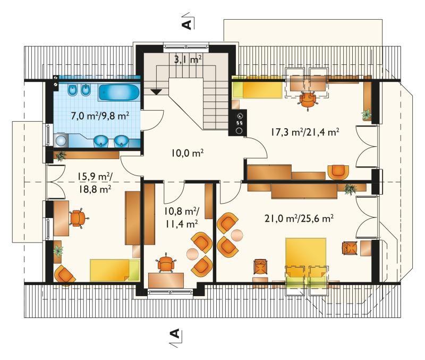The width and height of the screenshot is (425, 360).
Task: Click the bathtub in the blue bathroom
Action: tap(118, 93)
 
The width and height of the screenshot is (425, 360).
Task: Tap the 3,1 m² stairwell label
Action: tap(188, 59)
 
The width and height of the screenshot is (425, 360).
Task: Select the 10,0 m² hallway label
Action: tap(188, 153)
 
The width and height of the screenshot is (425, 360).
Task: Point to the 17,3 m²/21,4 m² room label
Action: tap(304, 132)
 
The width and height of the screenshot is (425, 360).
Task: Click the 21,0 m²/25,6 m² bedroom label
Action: tap(299, 219)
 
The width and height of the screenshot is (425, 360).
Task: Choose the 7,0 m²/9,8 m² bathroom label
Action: tap(99, 116)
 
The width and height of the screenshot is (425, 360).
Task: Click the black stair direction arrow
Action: tap(156, 91)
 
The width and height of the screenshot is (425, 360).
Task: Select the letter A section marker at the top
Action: tap(186, 24)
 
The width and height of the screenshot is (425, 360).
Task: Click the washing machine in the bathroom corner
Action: tap(61, 140)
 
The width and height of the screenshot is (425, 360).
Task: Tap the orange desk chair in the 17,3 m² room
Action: tap(308, 100)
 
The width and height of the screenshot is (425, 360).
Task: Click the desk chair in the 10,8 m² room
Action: tap(165, 263)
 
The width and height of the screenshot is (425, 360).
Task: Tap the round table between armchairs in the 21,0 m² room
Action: tap(237, 235)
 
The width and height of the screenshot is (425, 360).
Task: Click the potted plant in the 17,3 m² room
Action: tap(367, 115)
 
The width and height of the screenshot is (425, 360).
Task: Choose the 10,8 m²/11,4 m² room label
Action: tap(181, 217)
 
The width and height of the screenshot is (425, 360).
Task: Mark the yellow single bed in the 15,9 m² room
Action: tap(115, 270)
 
